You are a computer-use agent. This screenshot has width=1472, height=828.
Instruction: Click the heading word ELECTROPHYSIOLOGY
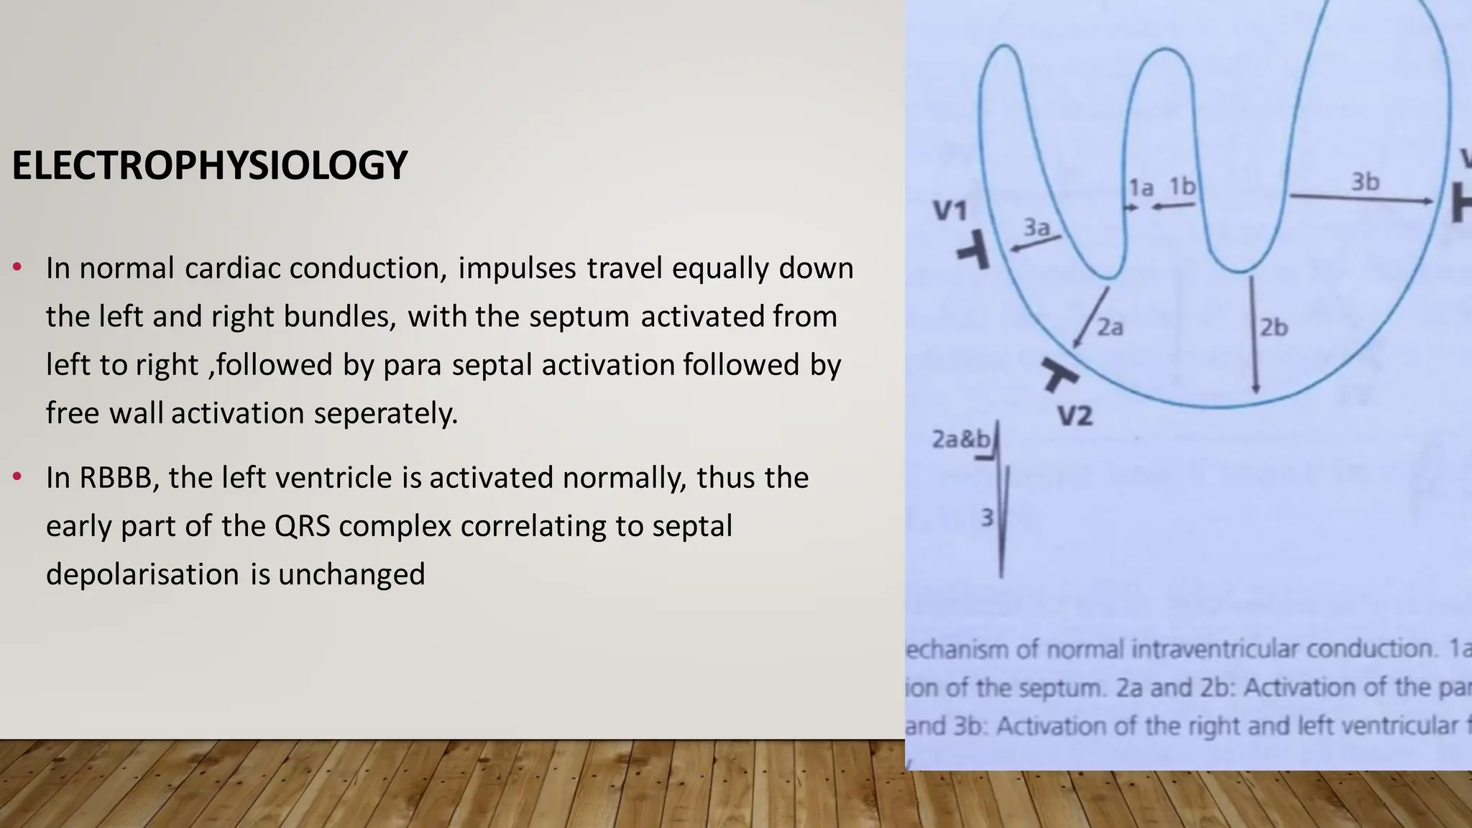tap(209, 165)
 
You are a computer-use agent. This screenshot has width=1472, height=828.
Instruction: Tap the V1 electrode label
tap(950, 211)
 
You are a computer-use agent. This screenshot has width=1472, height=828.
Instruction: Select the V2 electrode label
tap(1075, 415)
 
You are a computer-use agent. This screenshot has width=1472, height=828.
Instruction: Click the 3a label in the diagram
tap(1036, 228)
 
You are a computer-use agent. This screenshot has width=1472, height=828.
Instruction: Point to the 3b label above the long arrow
tap(1365, 182)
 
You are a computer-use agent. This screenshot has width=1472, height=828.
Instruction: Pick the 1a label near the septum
tap(1141, 188)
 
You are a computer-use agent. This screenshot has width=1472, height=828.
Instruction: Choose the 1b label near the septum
tap(1182, 187)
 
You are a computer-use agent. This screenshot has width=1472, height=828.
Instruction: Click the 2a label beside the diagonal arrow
tap(1110, 328)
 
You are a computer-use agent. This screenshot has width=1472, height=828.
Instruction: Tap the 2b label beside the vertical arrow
tap(1274, 328)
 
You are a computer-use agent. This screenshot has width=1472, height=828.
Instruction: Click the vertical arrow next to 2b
tap(1254, 334)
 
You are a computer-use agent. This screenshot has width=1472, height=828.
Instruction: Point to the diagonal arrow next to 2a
tap(1090, 318)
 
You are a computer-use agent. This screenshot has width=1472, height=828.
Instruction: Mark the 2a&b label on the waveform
tap(960, 438)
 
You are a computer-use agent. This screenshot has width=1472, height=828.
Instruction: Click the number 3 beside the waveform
tap(988, 517)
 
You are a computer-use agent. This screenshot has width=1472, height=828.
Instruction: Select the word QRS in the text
tap(302, 526)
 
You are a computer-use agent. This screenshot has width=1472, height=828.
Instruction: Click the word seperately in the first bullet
tap(385, 413)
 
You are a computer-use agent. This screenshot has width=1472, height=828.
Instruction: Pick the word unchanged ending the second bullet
tap(351, 574)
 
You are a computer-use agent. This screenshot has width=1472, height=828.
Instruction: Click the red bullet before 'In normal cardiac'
tap(17, 269)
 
